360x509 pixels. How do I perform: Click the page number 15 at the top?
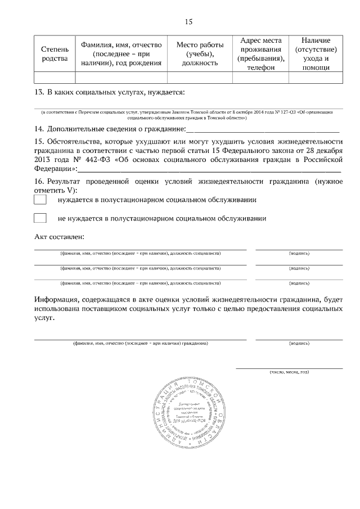(188, 22)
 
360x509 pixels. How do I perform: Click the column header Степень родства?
(55, 54)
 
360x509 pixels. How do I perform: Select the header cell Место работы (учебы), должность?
(200, 54)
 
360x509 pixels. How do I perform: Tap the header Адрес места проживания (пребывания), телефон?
(260, 54)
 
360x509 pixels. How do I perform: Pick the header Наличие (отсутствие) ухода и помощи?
(316, 54)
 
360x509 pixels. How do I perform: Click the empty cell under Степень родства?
(55, 78)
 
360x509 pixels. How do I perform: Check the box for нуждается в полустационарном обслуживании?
(40, 200)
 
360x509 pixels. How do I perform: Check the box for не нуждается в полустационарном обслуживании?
(40, 218)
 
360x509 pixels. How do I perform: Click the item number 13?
(39, 92)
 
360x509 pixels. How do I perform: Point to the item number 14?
(39, 129)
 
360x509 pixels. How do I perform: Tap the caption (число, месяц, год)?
(289, 372)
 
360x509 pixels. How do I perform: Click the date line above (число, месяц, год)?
(289, 368)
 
